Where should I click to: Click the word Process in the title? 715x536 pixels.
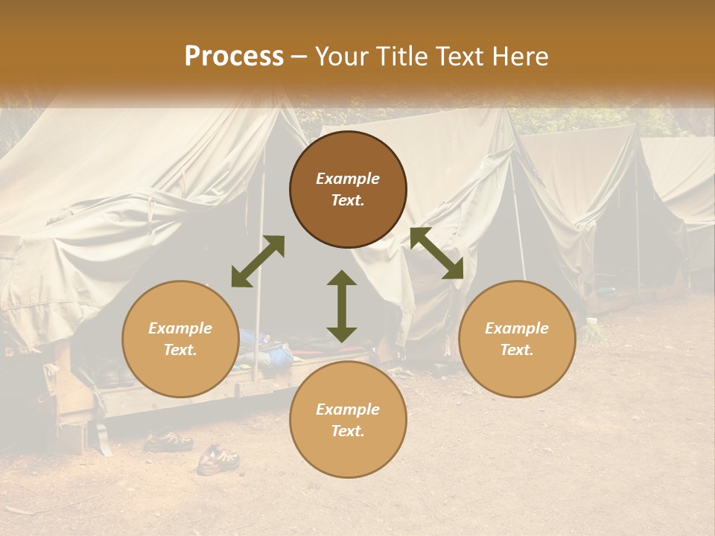click(x=234, y=57)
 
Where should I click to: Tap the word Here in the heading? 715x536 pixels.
click(x=520, y=57)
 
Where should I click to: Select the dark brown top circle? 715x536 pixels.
click(x=348, y=190)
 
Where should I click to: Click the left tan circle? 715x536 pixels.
click(x=180, y=339)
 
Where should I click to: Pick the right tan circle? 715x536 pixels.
click(x=517, y=339)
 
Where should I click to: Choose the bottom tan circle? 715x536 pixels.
click(x=348, y=420)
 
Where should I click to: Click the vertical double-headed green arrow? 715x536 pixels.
click(x=342, y=306)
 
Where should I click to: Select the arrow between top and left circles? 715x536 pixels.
click(x=258, y=261)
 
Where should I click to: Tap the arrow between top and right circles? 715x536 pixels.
click(x=436, y=253)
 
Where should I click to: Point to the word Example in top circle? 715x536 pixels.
click(x=348, y=179)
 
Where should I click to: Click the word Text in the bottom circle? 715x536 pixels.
click(x=348, y=431)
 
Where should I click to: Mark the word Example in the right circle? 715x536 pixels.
click(x=517, y=328)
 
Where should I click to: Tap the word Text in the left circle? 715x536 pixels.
click(x=180, y=350)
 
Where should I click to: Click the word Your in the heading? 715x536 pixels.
click(x=343, y=57)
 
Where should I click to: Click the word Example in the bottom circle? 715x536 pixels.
click(x=348, y=409)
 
